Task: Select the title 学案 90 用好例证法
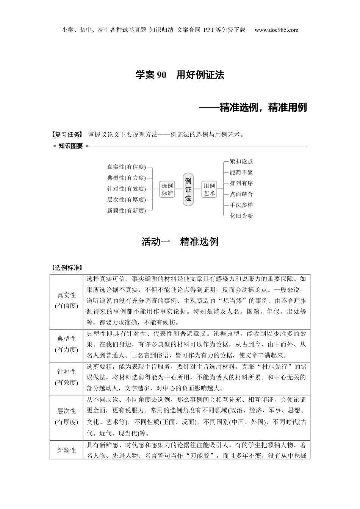pyautogui.click(x=180, y=75)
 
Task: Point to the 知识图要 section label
pyautogui.click(x=70, y=146)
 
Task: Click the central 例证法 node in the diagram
pyautogui.click(x=188, y=189)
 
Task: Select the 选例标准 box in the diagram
pyautogui.click(x=167, y=189)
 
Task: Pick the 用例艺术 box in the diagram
pyautogui.click(x=209, y=189)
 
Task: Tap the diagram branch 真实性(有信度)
pyautogui.click(x=126, y=167)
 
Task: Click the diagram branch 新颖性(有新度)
pyautogui.click(x=126, y=211)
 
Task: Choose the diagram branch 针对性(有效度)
pyautogui.click(x=126, y=189)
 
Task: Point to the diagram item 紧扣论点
pyautogui.click(x=241, y=161)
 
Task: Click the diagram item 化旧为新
pyautogui.click(x=241, y=216)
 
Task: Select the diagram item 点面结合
pyautogui.click(x=241, y=194)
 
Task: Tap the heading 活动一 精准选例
pyautogui.click(x=180, y=242)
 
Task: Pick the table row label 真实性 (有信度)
pyautogui.click(x=66, y=300)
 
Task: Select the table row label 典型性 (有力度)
pyautogui.click(x=66, y=344)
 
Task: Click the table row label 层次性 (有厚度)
pyautogui.click(x=66, y=416)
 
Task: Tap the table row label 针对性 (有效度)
pyautogui.click(x=66, y=377)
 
